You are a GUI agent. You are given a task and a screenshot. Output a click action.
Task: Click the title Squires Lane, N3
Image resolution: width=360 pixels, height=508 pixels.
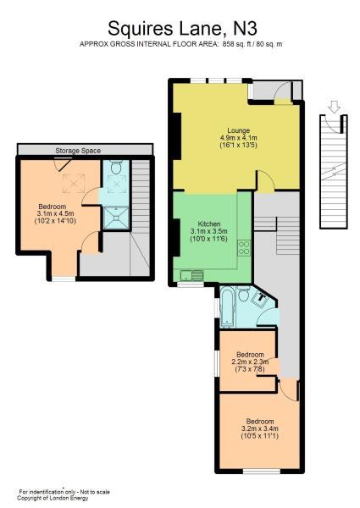[x=182, y=29]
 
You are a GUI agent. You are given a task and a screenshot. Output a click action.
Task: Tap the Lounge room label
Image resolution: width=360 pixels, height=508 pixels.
[x=239, y=130]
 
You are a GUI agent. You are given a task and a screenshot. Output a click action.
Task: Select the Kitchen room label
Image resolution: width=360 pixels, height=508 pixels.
[x=209, y=224]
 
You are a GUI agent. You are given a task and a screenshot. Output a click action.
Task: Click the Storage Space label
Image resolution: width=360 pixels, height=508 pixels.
[x=78, y=151]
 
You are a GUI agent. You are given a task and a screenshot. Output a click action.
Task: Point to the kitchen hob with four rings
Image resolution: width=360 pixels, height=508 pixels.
[x=244, y=247]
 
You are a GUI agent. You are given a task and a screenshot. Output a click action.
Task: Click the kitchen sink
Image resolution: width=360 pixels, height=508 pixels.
[x=192, y=276]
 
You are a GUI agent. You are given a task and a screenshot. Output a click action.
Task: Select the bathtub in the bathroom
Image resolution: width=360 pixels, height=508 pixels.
[x=226, y=306]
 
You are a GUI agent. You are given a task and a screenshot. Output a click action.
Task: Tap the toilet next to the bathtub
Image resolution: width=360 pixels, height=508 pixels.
[x=243, y=294]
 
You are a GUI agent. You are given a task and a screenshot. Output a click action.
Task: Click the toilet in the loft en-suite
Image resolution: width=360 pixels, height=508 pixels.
[x=116, y=167]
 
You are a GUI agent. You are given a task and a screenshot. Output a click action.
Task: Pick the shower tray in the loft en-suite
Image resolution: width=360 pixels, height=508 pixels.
[x=116, y=218]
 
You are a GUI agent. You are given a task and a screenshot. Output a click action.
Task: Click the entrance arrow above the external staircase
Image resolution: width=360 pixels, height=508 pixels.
[x=334, y=107]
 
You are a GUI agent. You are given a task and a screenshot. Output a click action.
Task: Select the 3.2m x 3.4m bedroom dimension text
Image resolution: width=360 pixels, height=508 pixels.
[x=259, y=428]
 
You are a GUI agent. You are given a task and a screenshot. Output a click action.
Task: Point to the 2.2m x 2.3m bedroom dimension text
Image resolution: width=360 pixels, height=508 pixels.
[x=251, y=362]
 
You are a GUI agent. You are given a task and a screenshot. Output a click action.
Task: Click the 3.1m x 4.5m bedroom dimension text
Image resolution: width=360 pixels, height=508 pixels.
[x=55, y=213]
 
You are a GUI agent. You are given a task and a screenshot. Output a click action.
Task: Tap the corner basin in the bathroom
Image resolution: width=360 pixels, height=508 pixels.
[x=259, y=299]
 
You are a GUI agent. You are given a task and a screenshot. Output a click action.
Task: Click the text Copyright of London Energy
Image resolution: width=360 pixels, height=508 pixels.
[x=53, y=499]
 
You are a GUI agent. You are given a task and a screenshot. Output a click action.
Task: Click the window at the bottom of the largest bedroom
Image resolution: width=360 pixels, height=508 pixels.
[x=262, y=472]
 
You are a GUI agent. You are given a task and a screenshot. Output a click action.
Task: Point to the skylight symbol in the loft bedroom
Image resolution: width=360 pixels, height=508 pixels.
[x=74, y=184]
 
